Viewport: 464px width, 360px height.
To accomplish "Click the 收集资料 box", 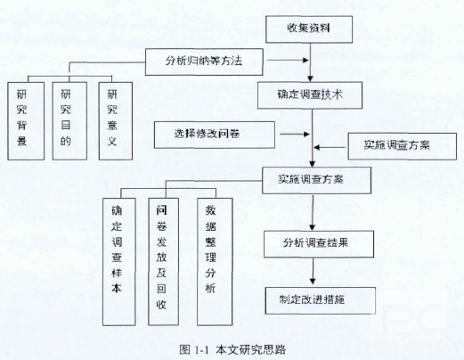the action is pyautogui.click(x=309, y=29).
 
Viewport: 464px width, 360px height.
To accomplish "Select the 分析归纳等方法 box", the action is pyautogui.click(x=204, y=61).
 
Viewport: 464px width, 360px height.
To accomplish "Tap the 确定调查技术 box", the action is pyautogui.click(x=310, y=95).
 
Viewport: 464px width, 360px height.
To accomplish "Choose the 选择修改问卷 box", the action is pyautogui.click(x=215, y=135).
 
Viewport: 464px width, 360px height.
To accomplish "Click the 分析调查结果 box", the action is pyautogui.click(x=319, y=244).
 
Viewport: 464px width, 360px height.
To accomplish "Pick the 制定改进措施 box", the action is pyautogui.click(x=321, y=300).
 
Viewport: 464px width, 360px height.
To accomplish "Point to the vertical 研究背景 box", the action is pyautogui.click(x=26, y=121).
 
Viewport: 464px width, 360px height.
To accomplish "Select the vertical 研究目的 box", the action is pyautogui.click(x=69, y=121).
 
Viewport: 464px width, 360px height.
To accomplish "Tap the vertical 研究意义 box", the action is pyautogui.click(x=116, y=121).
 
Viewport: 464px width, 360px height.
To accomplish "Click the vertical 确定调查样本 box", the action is pyautogui.click(x=119, y=262).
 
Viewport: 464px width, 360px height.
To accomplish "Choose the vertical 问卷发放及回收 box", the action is pyautogui.click(x=163, y=262).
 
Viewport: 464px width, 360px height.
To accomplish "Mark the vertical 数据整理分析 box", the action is pyautogui.click(x=215, y=262).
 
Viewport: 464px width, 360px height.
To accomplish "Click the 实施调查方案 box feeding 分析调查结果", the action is pyautogui.click(x=316, y=180).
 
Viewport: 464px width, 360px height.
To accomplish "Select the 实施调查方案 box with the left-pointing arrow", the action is pyautogui.click(x=402, y=146).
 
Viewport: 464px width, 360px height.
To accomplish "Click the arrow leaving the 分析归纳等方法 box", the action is pyautogui.click(x=288, y=61).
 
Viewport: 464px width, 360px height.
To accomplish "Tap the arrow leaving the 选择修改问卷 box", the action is pyautogui.click(x=295, y=135).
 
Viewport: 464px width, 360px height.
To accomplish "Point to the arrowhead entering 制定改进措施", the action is pyautogui.click(x=313, y=281).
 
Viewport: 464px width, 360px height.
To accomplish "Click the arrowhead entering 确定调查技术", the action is pyautogui.click(x=310, y=78).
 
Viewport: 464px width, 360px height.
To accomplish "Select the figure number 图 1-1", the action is pyautogui.click(x=194, y=349).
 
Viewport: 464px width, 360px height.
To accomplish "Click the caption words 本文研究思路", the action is pyautogui.click(x=251, y=349).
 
